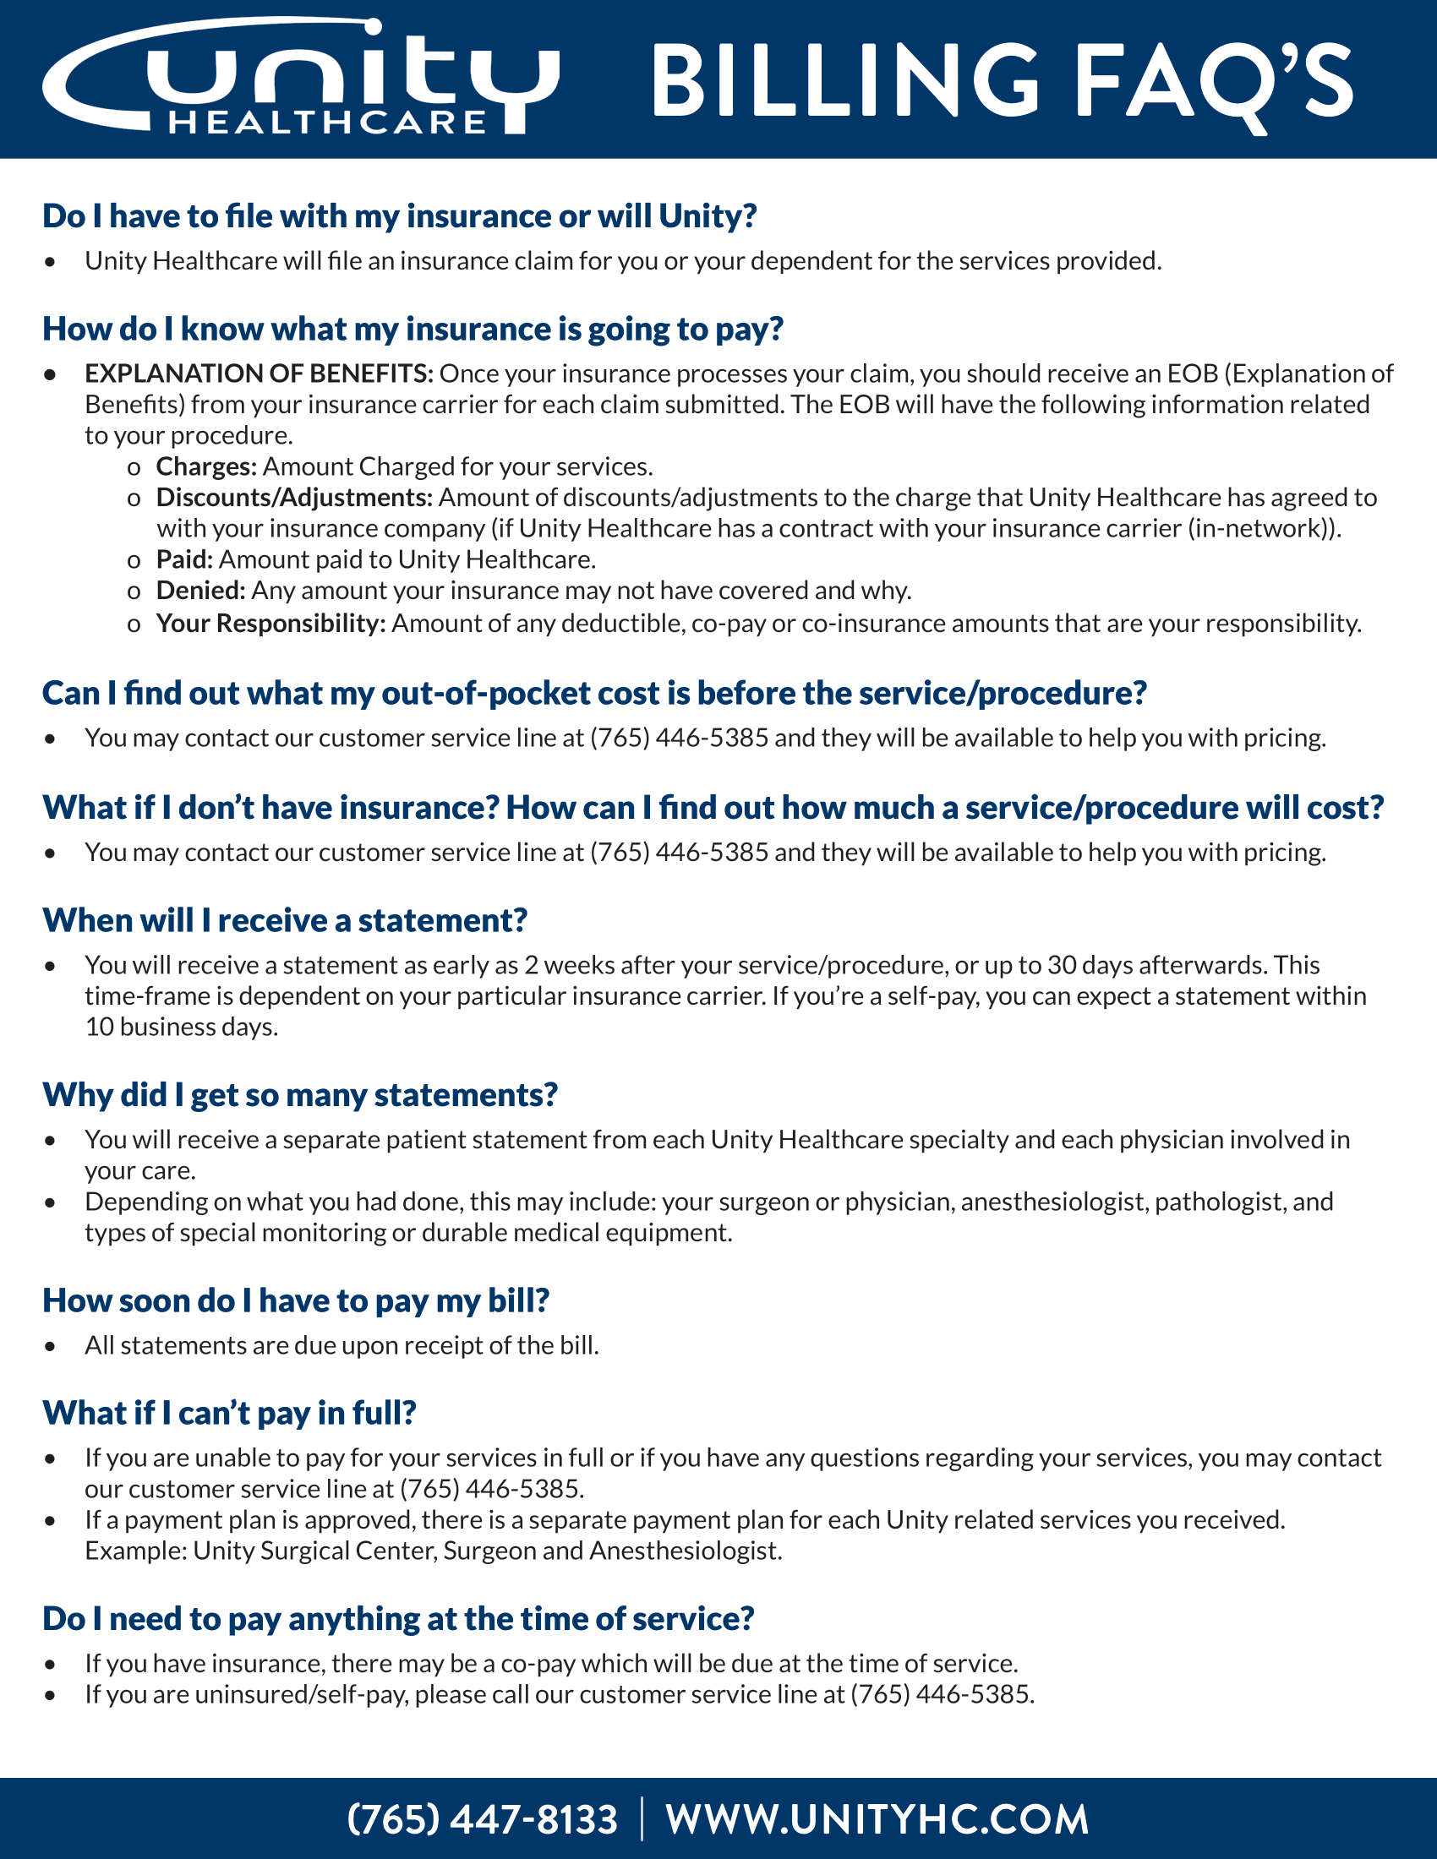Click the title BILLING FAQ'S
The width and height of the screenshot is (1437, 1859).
(x=1001, y=84)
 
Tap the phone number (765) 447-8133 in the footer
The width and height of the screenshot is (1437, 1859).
(x=482, y=1819)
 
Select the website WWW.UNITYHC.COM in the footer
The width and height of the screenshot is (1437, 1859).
(x=877, y=1819)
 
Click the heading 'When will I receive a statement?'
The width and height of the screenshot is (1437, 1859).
(x=285, y=920)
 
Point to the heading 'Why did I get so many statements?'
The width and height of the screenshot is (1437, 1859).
(x=301, y=1094)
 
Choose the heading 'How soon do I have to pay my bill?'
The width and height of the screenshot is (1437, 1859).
(x=296, y=1300)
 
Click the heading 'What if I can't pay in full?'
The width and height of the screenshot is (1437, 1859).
(x=230, y=1413)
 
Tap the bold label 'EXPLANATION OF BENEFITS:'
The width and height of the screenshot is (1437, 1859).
(x=259, y=373)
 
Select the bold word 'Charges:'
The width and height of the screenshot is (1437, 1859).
(x=206, y=466)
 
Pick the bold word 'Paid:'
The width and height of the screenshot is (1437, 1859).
(x=185, y=559)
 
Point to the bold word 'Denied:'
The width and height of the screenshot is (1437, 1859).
(x=201, y=591)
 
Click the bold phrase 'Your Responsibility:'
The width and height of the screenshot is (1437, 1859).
(x=270, y=623)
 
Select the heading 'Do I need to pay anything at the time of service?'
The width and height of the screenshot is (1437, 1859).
(x=398, y=1619)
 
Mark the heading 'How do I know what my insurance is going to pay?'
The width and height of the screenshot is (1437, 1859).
(x=413, y=330)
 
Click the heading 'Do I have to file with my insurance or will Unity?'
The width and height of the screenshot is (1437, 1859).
(x=400, y=216)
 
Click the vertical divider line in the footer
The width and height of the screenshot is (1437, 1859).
(x=642, y=1819)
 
